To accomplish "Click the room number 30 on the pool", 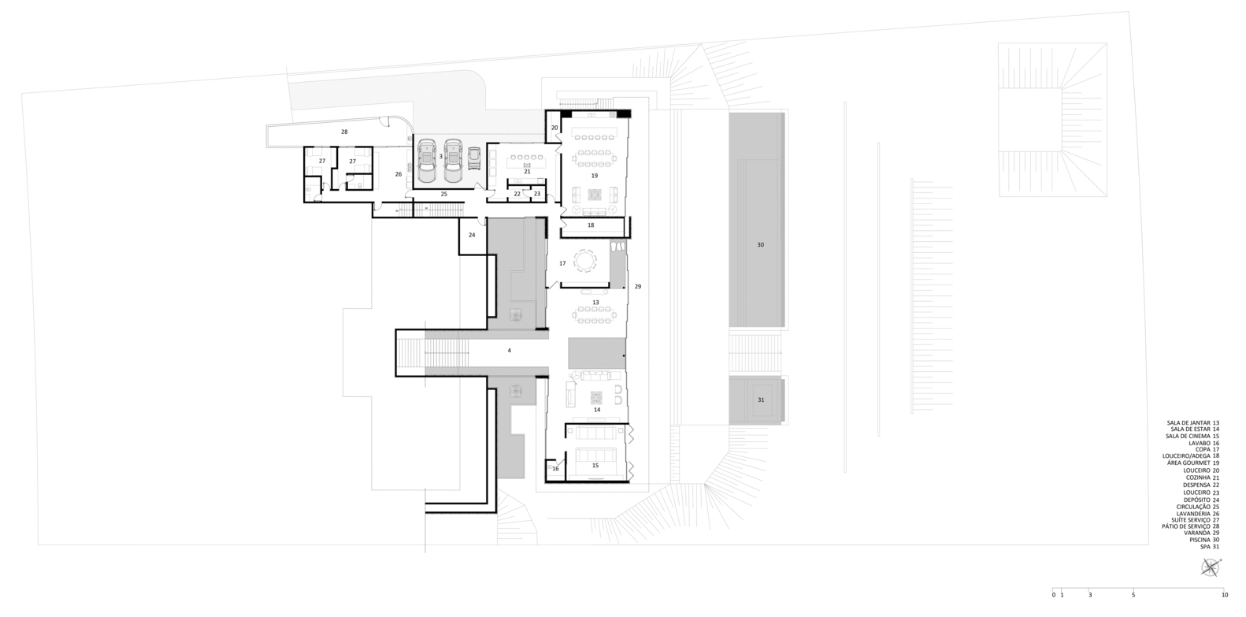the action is (x=760, y=245).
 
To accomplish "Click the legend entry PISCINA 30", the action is (x=1204, y=540).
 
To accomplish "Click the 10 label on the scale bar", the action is (x=1225, y=595).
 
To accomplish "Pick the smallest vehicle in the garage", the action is (x=473, y=160).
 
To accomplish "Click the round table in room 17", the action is (x=584, y=260).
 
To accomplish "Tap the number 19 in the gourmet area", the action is (x=595, y=176).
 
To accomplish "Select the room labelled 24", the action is (x=473, y=236).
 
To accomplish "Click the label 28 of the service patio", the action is (x=344, y=132).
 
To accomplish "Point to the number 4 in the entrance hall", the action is (x=509, y=351).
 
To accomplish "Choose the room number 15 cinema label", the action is (x=595, y=466).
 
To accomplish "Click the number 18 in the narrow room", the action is (x=591, y=225).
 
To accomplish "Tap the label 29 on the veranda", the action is (x=638, y=287).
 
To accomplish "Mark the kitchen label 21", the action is (x=528, y=171).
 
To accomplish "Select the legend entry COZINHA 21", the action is (x=1202, y=478).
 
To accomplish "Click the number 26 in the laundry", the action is (x=399, y=174).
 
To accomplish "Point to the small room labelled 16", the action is (x=555, y=469).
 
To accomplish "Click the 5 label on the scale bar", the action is (x=1133, y=595).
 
